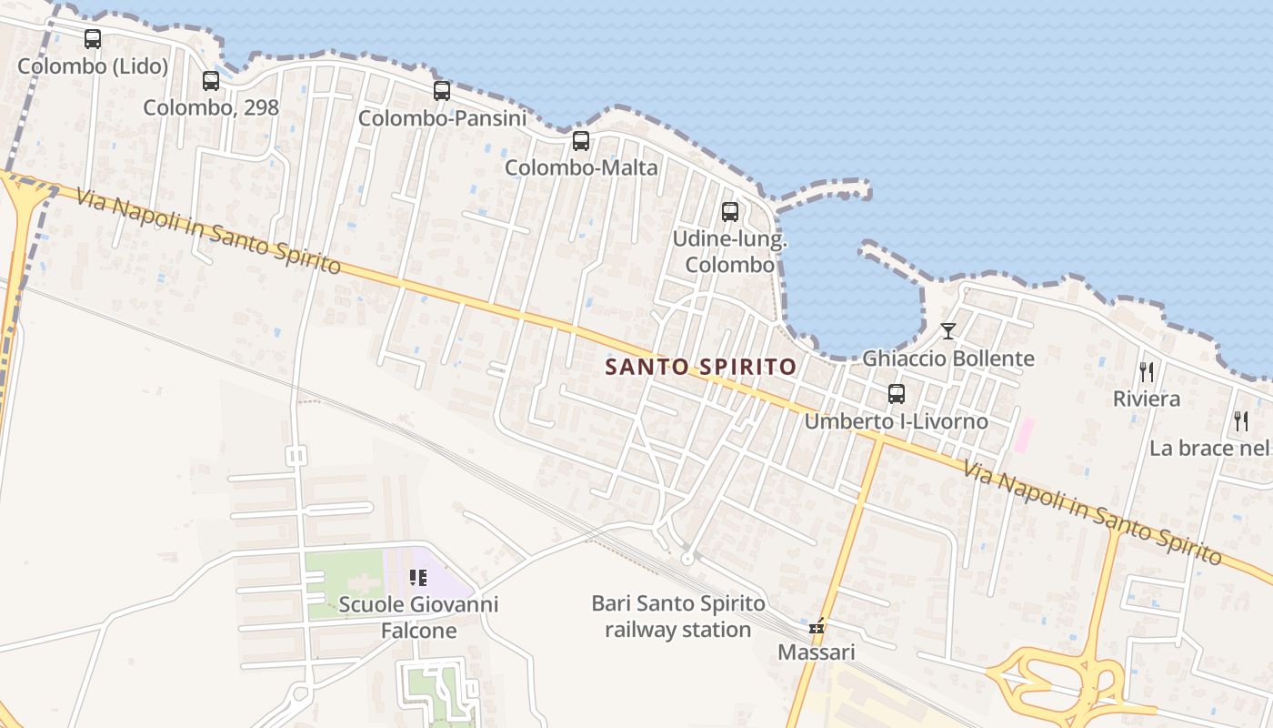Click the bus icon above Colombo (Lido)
tap(93, 39)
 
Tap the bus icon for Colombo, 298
tap(211, 81)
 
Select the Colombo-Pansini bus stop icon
tap(442, 91)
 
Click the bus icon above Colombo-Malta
tap(581, 141)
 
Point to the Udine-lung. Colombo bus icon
tap(730, 212)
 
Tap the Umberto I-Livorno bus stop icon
tap(897, 394)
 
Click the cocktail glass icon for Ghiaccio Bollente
tap(948, 331)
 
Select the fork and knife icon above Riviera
tap(1147, 371)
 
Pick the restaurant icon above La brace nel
tap(1241, 420)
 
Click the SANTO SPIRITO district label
tap(701, 367)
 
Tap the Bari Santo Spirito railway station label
tap(678, 616)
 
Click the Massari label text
tap(817, 652)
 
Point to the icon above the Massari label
tap(817, 626)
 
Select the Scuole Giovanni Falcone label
tap(418, 617)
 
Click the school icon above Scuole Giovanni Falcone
tap(418, 577)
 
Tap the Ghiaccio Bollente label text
tap(948, 359)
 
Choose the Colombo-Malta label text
tap(581, 167)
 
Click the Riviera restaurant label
tap(1147, 399)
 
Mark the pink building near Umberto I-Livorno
tap(1024, 434)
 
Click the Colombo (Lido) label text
tap(93, 66)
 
